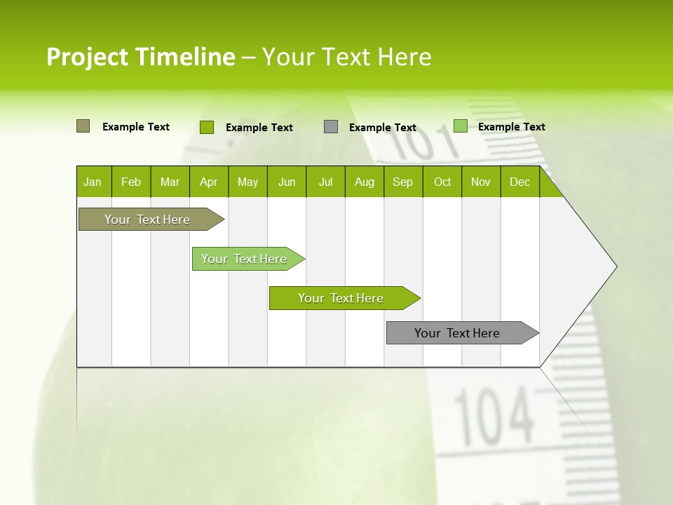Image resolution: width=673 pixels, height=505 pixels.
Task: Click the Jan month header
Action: (93, 182)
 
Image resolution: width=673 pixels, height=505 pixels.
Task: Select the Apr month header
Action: (209, 182)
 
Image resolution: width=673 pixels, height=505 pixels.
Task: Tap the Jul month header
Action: (325, 182)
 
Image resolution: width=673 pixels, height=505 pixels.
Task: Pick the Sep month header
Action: (402, 182)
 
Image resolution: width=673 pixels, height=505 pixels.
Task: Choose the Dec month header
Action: (519, 182)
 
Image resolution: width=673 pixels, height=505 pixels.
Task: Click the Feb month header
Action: (131, 182)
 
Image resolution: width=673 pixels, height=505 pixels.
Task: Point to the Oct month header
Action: (442, 182)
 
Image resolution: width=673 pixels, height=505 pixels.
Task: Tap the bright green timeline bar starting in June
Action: (341, 298)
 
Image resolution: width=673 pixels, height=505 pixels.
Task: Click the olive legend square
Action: (83, 126)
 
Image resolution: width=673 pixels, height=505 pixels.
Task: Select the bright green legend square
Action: (206, 127)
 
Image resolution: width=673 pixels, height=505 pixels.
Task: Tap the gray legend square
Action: (331, 127)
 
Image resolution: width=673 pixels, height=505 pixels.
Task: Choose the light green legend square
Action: (460, 126)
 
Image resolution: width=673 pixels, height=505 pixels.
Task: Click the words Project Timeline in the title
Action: (140, 57)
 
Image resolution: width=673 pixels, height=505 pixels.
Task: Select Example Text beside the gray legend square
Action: (383, 128)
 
